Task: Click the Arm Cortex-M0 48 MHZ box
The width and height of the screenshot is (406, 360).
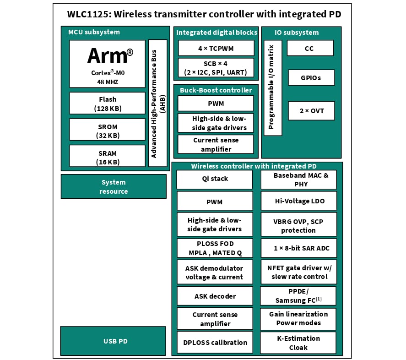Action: point(107,64)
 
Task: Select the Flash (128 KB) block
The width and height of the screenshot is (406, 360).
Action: point(107,104)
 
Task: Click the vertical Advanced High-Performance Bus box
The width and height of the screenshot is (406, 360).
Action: point(157,103)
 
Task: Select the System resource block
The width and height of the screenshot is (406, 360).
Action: point(114,186)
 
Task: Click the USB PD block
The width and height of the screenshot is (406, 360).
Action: point(113,341)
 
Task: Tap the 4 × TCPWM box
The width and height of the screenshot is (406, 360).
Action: point(216,48)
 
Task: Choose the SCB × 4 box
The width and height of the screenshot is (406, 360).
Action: point(216,68)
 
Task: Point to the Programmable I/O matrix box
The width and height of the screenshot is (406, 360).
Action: point(272,88)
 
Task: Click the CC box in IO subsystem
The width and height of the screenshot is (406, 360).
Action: point(310,48)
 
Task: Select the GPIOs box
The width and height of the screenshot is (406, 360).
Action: point(311,77)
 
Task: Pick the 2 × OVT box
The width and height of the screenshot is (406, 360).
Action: point(311,111)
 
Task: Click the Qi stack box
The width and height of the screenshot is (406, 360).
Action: point(214,179)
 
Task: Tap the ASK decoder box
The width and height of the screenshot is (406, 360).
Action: point(214,296)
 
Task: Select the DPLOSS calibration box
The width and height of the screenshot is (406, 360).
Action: point(214,342)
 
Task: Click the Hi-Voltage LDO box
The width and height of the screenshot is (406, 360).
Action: point(298,201)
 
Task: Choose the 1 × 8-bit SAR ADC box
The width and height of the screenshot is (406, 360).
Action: point(298,248)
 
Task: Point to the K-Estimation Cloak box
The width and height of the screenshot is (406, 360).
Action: point(298,343)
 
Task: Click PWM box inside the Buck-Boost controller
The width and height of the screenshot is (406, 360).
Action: point(216,104)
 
